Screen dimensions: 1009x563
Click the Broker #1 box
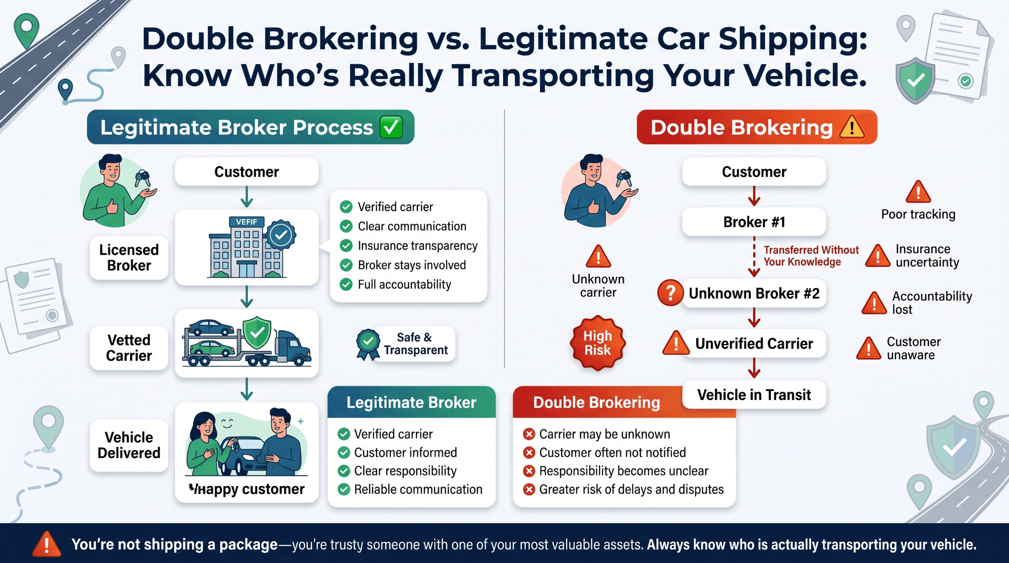coord(754,222)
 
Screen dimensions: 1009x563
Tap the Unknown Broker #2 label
coord(754,294)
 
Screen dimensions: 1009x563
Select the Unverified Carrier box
coord(754,343)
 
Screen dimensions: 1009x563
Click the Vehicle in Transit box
coord(754,395)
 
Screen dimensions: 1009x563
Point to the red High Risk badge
coord(598,343)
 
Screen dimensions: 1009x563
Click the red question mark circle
coord(671,293)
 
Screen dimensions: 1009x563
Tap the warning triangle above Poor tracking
coord(918,192)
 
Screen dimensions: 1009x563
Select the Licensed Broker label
coord(129,258)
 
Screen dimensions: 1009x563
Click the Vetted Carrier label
coord(129,348)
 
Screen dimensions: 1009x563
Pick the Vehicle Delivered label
coord(129,445)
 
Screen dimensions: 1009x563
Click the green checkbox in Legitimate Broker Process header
coord(391,127)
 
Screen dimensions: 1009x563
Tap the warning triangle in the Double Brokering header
coord(852,127)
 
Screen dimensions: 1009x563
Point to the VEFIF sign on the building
coord(246,222)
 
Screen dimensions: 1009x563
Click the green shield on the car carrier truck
coord(257,333)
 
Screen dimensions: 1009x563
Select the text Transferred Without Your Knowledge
coord(811,256)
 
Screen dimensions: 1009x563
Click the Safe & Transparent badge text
coord(415,344)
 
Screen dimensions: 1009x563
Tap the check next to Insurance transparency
coord(346,245)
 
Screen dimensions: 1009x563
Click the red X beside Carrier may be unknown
coord(529,434)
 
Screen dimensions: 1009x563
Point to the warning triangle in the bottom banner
coord(47,544)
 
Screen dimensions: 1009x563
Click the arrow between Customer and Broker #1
coord(754,196)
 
